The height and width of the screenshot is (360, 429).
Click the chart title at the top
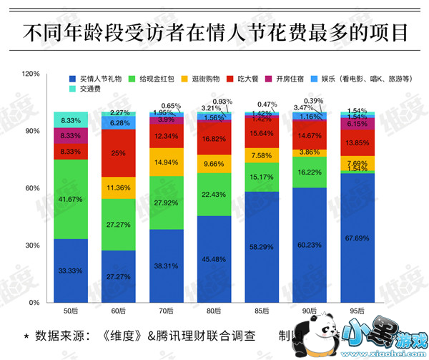coord(214,32)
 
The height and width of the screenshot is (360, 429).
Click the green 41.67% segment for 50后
coord(71,198)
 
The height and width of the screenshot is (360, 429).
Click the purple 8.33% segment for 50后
coord(71,135)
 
